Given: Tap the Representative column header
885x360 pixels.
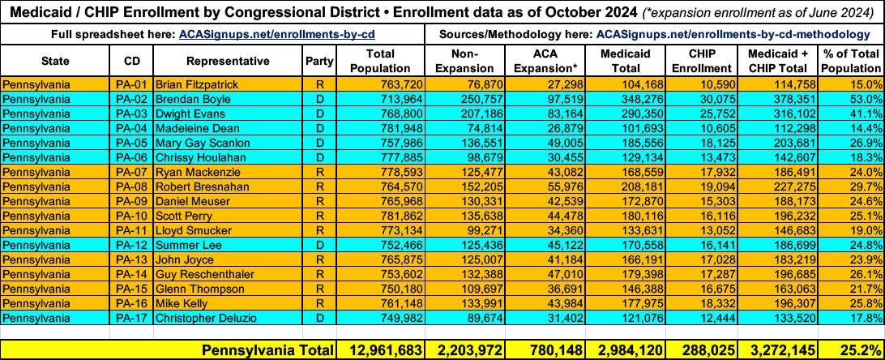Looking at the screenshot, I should (x=227, y=61).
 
